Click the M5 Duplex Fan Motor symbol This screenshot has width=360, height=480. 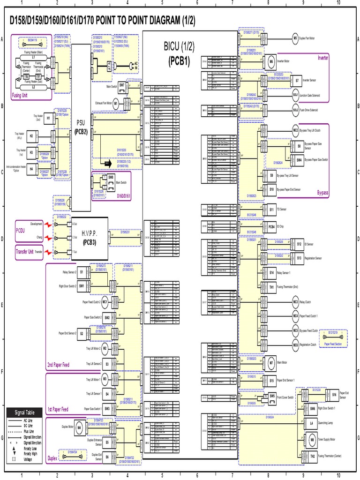[x=295, y=38]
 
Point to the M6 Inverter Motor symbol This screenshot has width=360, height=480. [x=271, y=61]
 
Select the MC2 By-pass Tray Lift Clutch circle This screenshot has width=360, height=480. [x=296, y=130]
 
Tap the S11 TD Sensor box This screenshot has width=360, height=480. [x=271, y=209]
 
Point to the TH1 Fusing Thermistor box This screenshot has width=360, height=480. [x=271, y=286]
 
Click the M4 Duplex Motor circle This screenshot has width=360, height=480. [x=79, y=427]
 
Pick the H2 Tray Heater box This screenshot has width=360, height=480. [x=31, y=136]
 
